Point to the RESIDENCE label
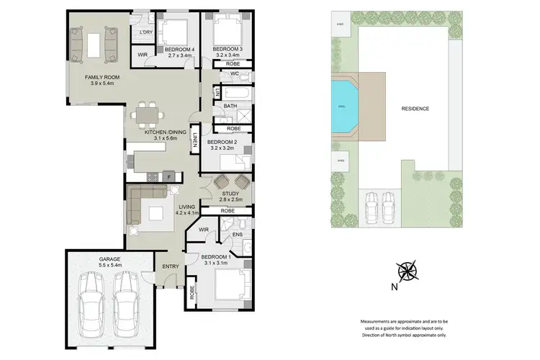tap(415, 109)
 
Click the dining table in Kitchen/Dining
tap(149, 114)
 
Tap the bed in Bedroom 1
tap(235, 287)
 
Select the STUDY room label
tap(230, 193)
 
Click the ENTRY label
tap(171, 267)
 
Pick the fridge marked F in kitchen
tap(168, 176)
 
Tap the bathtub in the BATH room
tap(233, 92)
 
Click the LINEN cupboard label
tap(194, 143)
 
